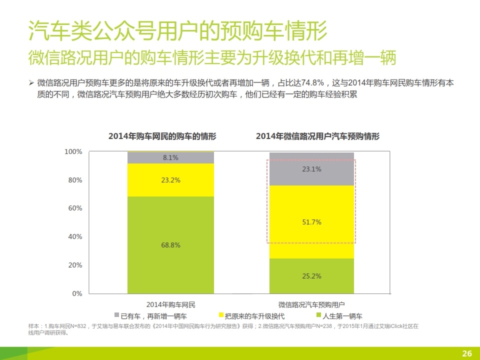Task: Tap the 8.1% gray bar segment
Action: point(170,157)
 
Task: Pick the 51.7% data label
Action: point(312,222)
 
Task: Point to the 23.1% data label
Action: point(312,169)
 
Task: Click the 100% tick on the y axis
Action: point(73,151)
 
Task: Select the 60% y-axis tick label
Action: point(75,208)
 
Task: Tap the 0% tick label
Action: point(77,293)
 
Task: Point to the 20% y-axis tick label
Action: point(75,265)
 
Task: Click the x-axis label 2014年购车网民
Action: point(170,304)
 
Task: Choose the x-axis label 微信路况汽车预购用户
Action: point(311,304)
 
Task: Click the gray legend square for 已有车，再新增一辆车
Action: point(116,315)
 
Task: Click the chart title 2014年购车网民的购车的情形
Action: point(163,136)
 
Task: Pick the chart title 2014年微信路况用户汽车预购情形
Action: point(317,136)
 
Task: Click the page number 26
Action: point(467,353)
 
